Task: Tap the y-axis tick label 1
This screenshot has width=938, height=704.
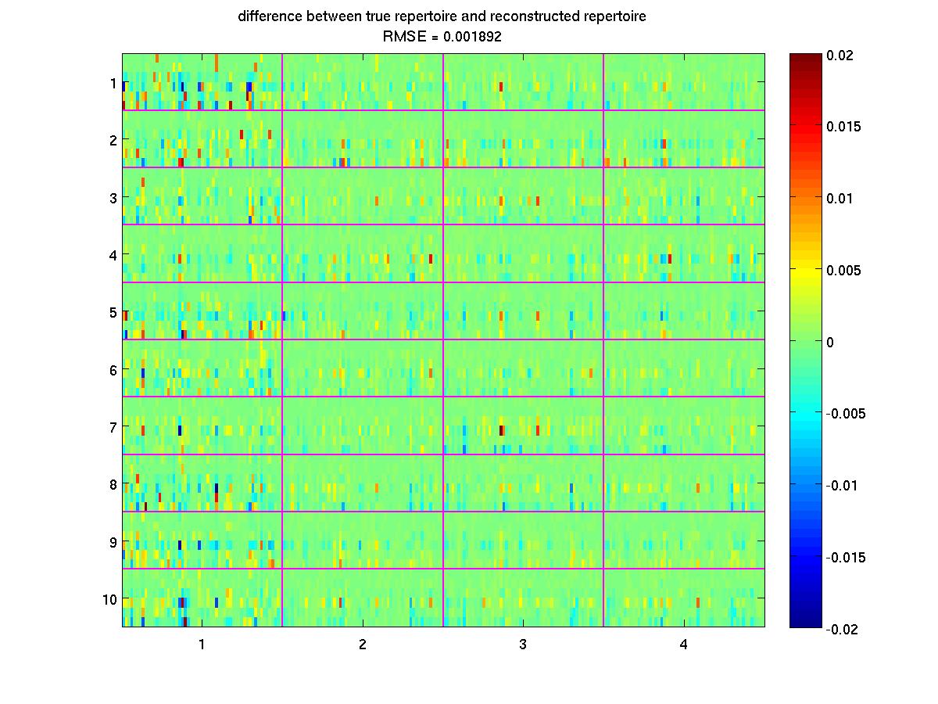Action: point(113,82)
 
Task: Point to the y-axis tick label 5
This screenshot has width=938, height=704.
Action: point(113,312)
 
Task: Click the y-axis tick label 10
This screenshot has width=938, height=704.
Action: point(109,599)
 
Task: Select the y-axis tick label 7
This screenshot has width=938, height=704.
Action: point(113,427)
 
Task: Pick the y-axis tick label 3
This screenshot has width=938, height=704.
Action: point(113,197)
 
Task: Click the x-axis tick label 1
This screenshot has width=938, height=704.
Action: point(202,645)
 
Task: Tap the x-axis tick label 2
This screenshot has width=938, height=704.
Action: point(363,645)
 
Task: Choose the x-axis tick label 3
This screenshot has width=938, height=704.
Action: point(523,645)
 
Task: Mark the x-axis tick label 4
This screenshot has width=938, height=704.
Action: point(684,645)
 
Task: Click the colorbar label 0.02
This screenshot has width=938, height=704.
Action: point(840,55)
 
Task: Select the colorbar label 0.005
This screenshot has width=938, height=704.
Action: point(842,270)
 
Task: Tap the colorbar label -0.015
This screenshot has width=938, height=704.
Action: point(844,557)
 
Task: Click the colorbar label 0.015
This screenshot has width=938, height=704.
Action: point(842,127)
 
